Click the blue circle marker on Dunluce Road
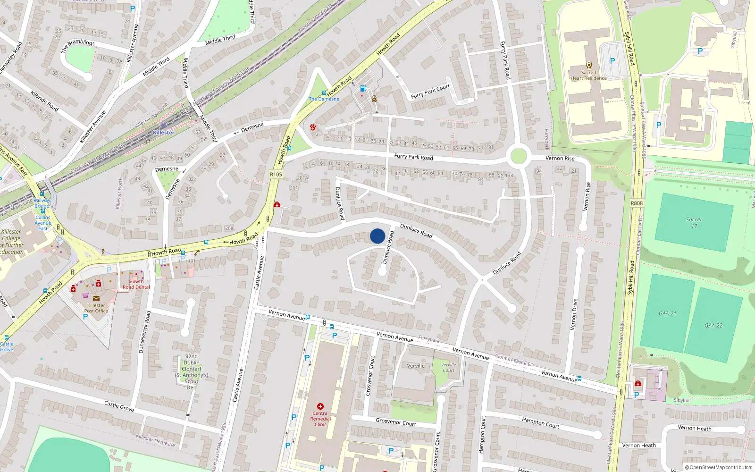pos(377,236)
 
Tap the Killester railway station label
pos(164,133)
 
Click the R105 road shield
pos(276,174)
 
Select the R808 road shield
pos(637,203)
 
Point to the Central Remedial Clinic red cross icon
pos(320,406)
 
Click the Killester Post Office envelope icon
pos(96,298)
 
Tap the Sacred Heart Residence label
pos(588,76)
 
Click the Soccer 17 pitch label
pos(694,223)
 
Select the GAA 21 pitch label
pos(667,313)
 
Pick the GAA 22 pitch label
pos(713,325)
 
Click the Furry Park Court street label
pos(430,92)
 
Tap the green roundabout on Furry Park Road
pos(519,156)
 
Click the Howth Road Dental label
pos(136,284)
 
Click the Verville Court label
pos(448,367)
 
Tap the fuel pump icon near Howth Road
pos(362,88)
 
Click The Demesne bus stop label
pos(324,99)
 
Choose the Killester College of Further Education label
pos(12,242)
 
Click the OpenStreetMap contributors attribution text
pos(719,468)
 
